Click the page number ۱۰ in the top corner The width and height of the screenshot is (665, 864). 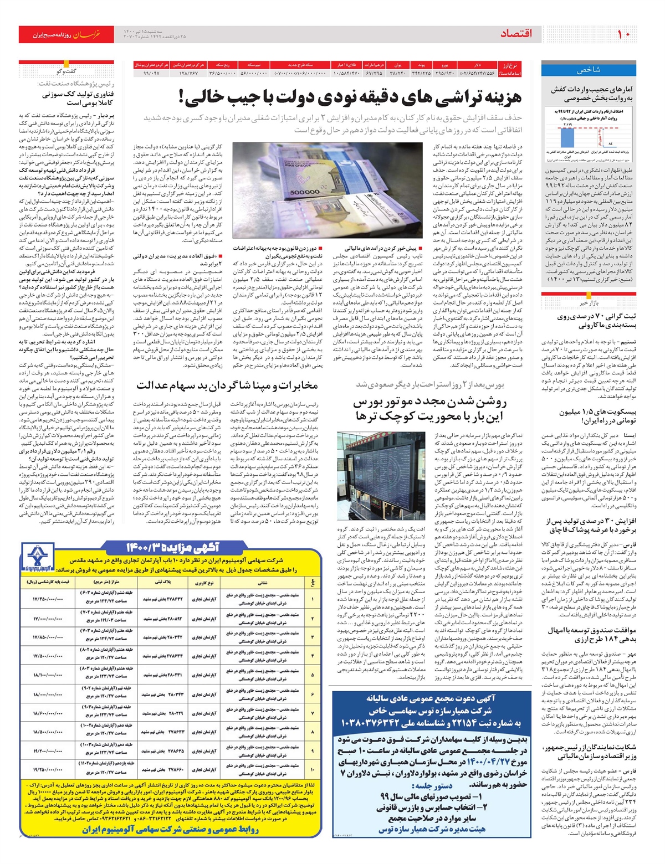click(623, 34)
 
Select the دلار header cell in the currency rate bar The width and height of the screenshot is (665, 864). click(477, 65)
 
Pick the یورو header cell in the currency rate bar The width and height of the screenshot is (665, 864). click(444, 65)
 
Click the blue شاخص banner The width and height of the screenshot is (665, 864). click(588, 70)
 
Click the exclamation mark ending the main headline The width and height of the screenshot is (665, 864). click(183, 98)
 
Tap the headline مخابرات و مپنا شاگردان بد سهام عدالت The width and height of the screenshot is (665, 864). click(227, 385)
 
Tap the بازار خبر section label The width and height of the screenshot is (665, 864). click(588, 303)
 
